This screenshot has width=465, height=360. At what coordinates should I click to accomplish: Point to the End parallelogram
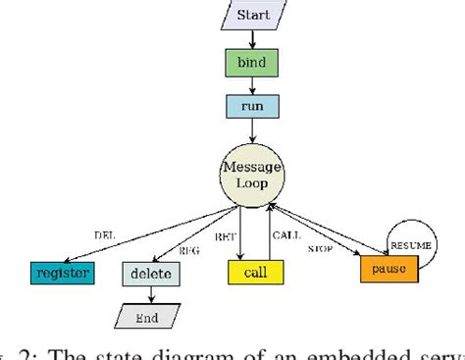[x=147, y=317]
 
